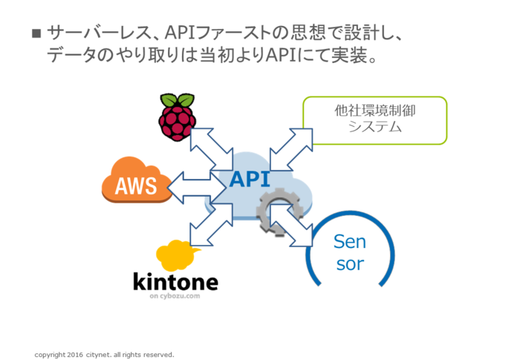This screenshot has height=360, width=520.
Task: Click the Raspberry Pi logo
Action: pyautogui.click(x=177, y=117)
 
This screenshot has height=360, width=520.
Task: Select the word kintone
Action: pyautogui.click(x=175, y=282)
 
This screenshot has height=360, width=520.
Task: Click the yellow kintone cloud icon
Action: pyautogui.click(x=176, y=255)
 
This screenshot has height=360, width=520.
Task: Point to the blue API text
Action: pyautogui.click(x=250, y=178)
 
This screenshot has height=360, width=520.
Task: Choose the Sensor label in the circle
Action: pyautogui.click(x=349, y=252)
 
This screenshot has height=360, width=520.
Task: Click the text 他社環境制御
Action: pyautogui.click(x=374, y=111)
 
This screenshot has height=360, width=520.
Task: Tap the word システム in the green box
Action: pyautogui.click(x=374, y=127)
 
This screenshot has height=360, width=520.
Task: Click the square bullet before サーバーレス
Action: pyautogui.click(x=36, y=34)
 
